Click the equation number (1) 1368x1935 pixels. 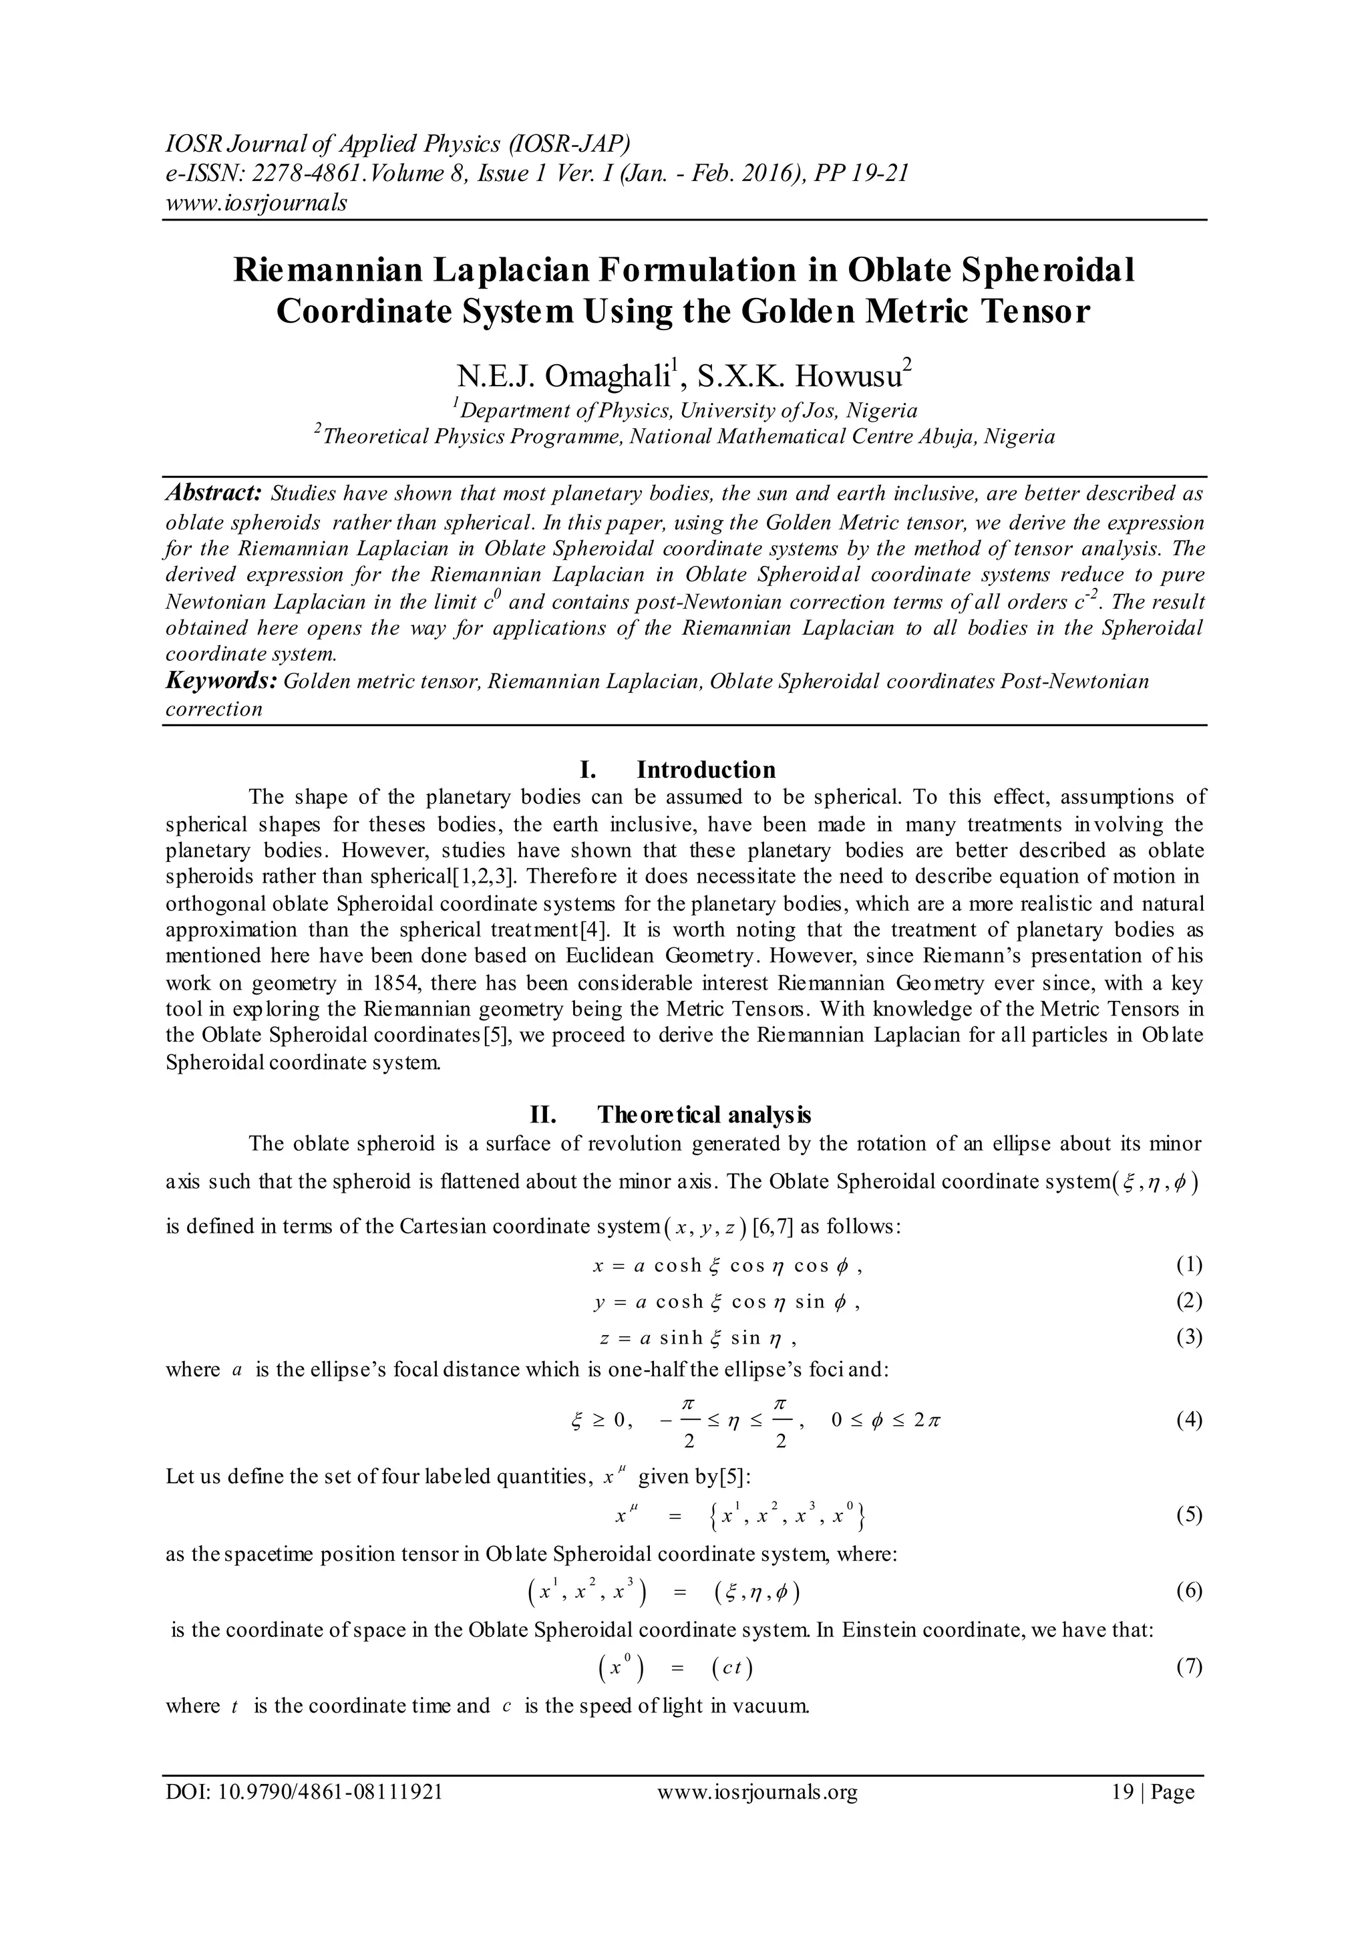(1188, 1265)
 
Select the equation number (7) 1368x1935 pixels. (1188, 1666)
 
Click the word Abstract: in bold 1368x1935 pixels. (215, 493)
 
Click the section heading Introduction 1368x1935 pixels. (705, 770)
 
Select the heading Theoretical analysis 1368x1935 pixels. (704, 1115)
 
